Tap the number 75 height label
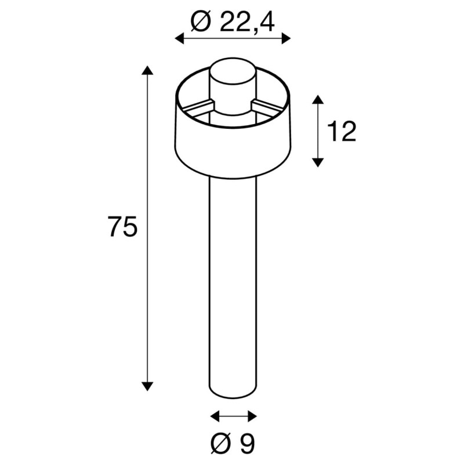point(122,227)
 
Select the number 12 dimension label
point(342,132)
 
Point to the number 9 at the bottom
point(247,444)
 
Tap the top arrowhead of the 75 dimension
point(148,71)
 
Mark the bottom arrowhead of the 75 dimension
point(148,385)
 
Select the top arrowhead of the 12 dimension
point(317,100)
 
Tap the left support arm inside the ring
point(197,107)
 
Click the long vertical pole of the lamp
point(232,278)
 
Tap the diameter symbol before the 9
point(222,444)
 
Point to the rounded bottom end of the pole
point(232,396)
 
